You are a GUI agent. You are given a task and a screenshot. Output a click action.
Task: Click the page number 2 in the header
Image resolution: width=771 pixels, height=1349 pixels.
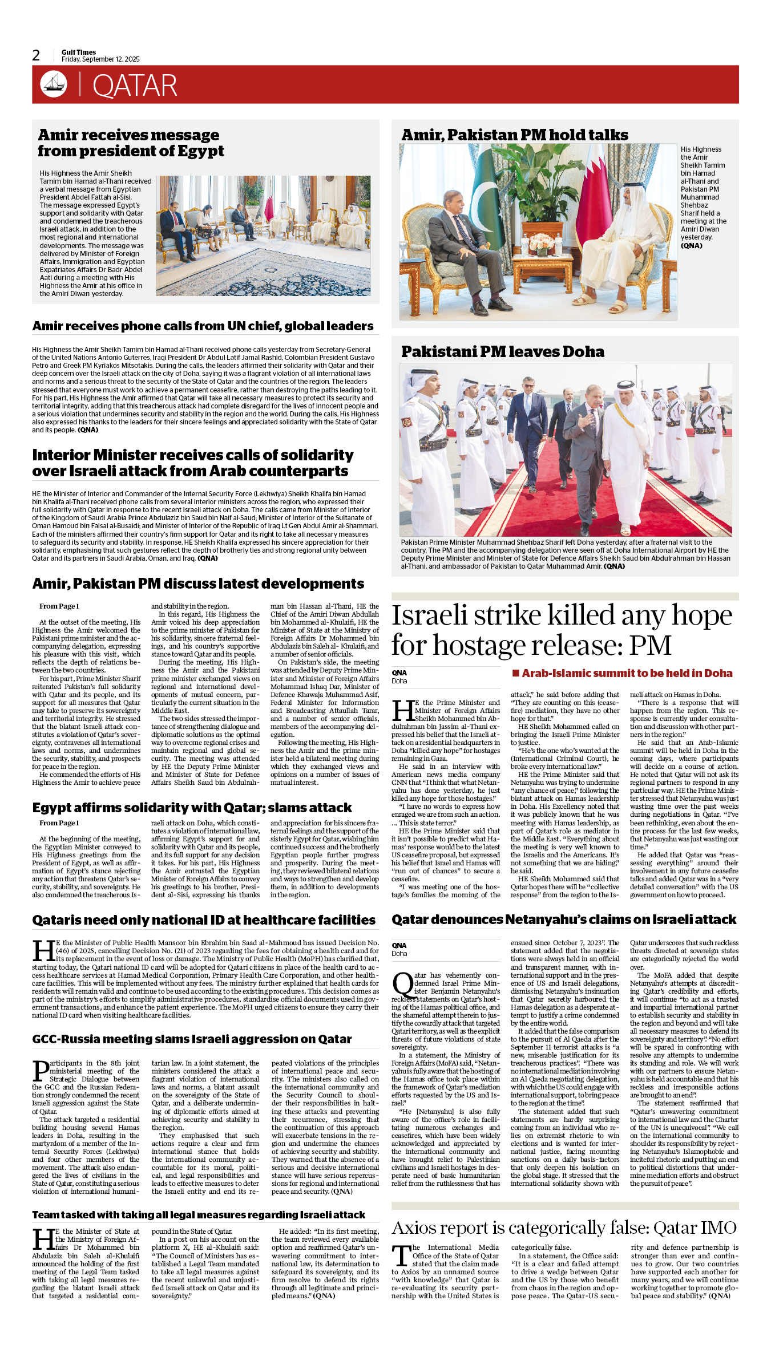coord(37,55)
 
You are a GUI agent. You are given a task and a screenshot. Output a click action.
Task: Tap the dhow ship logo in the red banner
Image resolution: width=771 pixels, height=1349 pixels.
coord(54,84)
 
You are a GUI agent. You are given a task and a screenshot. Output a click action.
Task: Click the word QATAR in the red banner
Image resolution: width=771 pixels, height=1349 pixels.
coord(135,86)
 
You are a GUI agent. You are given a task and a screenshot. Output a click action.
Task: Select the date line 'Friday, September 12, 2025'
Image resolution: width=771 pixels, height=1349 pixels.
coord(100,59)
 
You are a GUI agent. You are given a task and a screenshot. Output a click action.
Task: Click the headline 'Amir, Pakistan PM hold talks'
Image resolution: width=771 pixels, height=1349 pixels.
coord(514,135)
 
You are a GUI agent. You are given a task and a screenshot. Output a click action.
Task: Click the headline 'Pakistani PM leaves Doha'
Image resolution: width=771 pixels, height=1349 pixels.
coord(502,352)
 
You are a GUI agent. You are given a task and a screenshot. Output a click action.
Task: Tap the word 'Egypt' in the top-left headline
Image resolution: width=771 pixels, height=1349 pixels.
coord(200,151)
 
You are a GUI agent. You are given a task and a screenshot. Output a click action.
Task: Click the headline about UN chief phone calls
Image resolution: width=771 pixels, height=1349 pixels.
coord(203,326)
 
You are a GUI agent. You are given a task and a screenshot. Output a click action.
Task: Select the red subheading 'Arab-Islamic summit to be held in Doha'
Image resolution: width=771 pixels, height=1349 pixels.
coord(627,674)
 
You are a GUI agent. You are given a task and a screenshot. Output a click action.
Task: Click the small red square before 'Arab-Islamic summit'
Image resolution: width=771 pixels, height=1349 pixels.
coord(516,673)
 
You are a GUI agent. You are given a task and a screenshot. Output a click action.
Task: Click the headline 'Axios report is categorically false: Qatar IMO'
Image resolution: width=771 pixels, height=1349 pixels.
coord(564,1228)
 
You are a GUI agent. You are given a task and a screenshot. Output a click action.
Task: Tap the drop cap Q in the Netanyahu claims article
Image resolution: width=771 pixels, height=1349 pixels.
coord(402,984)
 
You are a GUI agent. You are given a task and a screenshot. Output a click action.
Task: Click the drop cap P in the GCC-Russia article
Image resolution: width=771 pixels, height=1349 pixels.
coord(41,1071)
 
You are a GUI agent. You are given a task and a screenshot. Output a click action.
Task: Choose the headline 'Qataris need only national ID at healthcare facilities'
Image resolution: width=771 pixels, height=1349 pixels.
coord(204,920)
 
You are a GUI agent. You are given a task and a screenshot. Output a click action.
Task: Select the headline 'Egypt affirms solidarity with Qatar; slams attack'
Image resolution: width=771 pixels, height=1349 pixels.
coord(192,808)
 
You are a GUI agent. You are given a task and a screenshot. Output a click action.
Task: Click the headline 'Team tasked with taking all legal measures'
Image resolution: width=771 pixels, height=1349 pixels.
coord(199,1215)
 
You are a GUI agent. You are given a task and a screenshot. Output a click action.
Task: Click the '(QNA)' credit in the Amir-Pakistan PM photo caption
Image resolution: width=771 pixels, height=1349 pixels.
coord(691,246)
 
